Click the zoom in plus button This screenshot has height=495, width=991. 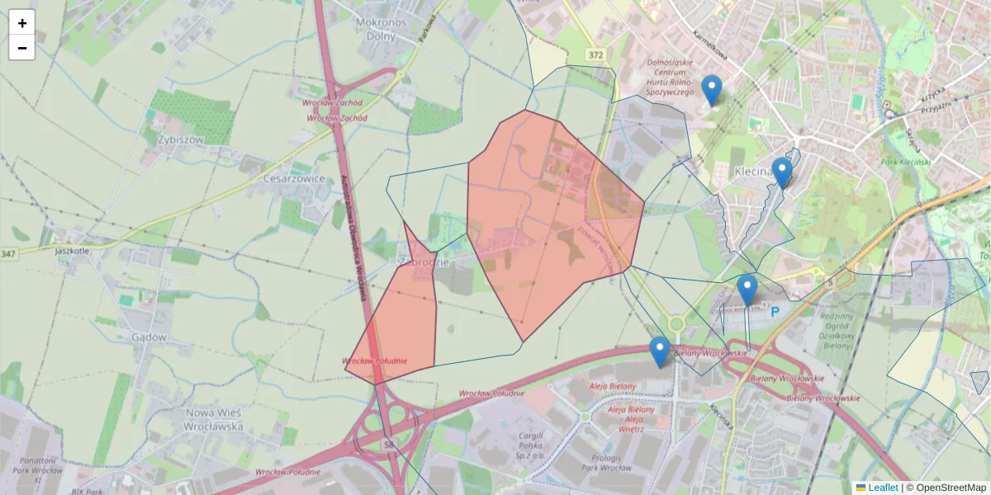click(22, 23)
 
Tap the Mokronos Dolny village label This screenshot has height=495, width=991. click(382, 29)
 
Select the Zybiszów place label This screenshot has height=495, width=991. click(180, 139)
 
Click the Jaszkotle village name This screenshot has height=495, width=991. click(72, 250)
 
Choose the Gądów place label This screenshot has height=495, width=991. click(149, 337)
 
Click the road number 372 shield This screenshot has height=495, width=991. click(596, 54)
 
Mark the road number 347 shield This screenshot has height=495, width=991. click(8, 253)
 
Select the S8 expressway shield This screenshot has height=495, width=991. click(389, 445)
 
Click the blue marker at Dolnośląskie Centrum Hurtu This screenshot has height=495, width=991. click(711, 89)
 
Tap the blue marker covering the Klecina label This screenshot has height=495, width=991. click(782, 172)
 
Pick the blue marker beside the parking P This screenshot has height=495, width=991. click(747, 289)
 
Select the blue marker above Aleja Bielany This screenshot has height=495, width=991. click(659, 351)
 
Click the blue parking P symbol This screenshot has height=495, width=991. click(775, 312)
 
